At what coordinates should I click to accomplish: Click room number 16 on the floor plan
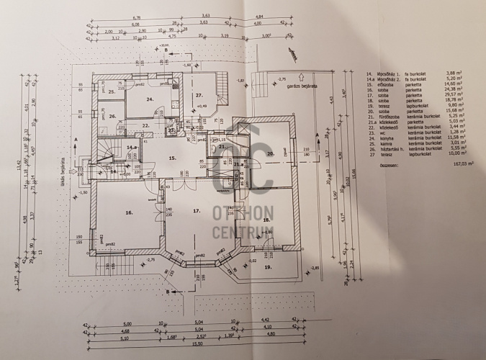(129, 212)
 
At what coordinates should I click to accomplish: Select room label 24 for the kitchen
(150, 99)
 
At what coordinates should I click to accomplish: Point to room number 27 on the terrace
(200, 94)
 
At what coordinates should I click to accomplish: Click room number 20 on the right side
(271, 153)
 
